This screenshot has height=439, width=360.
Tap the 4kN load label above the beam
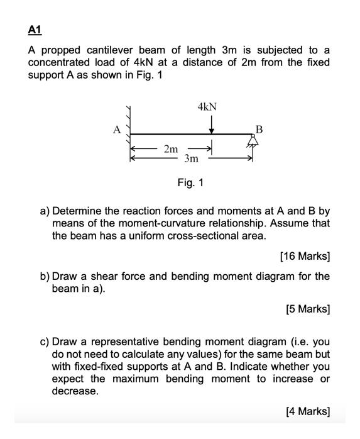207,107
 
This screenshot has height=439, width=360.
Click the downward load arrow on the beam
212,125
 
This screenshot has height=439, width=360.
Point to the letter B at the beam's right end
258,130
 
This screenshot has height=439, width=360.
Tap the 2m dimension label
170,148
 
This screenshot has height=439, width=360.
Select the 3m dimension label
192,159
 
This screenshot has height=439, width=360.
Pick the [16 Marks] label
304,256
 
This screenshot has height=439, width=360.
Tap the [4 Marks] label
307,411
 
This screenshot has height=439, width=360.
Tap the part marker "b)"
45,276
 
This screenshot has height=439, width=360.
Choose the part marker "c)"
45,342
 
